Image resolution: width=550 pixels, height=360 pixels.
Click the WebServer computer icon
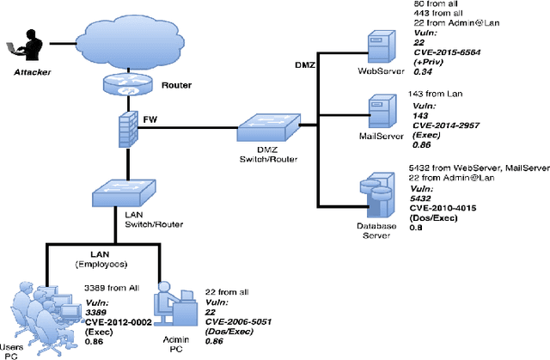(x=379, y=46)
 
